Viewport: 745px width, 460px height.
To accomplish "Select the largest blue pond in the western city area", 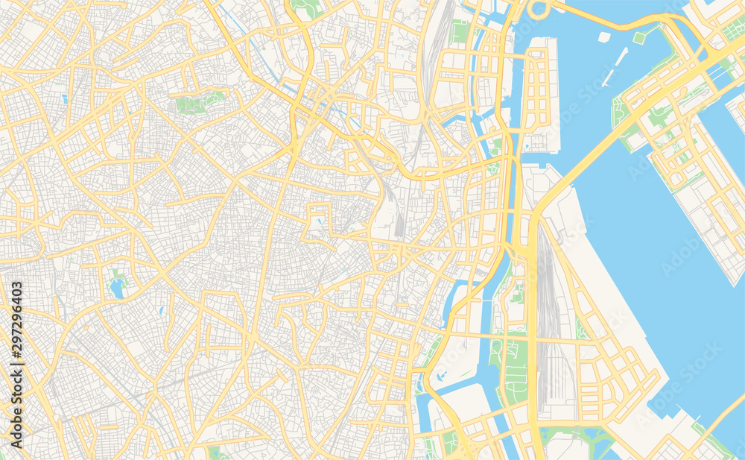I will tap(116, 289).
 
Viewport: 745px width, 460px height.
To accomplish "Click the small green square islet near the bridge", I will tap(638, 37).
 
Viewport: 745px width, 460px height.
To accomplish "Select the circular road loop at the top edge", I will tap(538, 9).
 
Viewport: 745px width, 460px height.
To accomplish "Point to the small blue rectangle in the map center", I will tap(319, 221).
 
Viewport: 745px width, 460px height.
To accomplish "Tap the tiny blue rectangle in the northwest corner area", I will tap(65, 98).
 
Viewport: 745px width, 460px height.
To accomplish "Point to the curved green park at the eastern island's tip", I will tap(618, 112).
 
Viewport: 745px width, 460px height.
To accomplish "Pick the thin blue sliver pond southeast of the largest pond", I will tap(160, 309).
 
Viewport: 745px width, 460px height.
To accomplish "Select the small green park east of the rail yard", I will tap(580, 328).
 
